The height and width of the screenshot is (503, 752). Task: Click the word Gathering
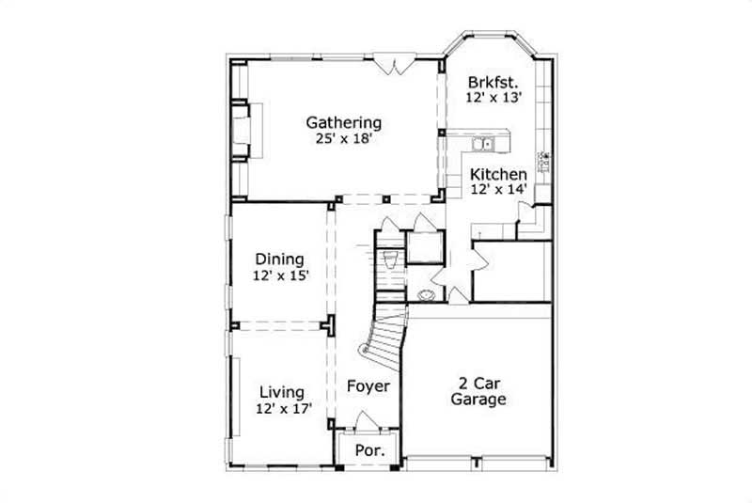[344, 122]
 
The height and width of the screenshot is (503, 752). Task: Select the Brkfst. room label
[493, 81]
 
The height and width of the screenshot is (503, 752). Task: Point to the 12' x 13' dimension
[493, 96]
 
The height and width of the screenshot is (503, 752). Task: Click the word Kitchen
[498, 174]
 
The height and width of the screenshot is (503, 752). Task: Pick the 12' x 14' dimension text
[498, 189]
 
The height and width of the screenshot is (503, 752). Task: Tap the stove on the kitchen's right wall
[544, 162]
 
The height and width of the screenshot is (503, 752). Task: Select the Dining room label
[279, 259]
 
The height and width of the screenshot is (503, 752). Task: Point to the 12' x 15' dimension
[280, 275]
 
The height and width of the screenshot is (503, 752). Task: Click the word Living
[281, 392]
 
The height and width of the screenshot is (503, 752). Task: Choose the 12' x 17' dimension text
[282, 408]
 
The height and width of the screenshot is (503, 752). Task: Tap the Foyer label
[368, 386]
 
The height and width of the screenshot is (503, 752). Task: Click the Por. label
[368, 451]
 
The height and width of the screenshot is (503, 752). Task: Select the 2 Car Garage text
[479, 391]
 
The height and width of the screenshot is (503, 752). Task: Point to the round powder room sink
[428, 293]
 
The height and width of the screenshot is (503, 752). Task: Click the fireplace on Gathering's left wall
[242, 131]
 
